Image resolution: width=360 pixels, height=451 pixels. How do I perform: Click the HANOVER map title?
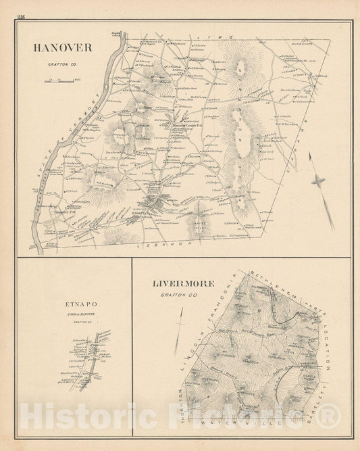click(60, 47)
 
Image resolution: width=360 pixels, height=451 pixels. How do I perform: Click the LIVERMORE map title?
click(184, 284)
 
